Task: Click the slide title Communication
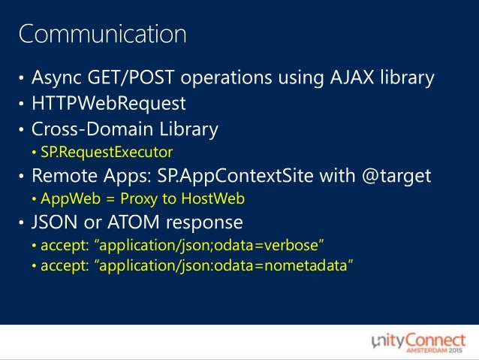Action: point(103,34)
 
